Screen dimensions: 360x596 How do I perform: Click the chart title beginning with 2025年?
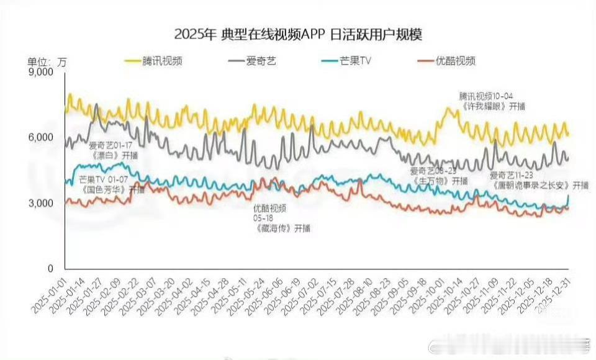[298, 34]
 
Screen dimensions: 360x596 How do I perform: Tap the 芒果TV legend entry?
[354, 61]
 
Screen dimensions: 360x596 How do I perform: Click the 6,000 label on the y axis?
[42, 138]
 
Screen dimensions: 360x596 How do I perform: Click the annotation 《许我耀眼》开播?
[494, 106]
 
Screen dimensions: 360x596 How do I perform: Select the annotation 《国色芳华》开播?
[112, 189]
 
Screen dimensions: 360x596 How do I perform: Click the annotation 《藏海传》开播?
[282, 228]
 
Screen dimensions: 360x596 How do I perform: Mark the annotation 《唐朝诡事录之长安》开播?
[540, 185]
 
